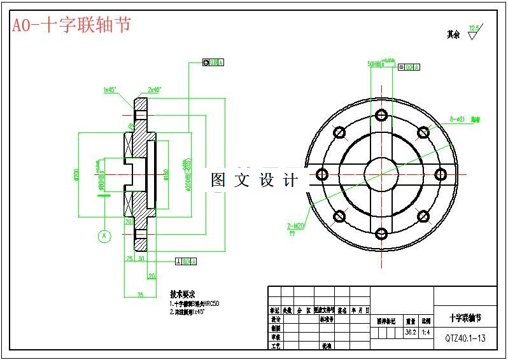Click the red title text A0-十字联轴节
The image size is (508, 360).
click(x=72, y=25)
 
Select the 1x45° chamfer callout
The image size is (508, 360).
click(x=109, y=90)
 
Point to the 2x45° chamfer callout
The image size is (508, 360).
click(x=155, y=90)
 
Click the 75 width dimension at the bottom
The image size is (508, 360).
click(x=141, y=294)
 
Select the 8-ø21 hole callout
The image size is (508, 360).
click(x=457, y=118)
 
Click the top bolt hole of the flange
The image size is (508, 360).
click(x=382, y=115)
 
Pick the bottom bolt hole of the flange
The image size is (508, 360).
click(x=382, y=233)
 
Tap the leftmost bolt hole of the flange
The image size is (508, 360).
click(x=322, y=174)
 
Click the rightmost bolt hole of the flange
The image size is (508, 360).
click(x=441, y=174)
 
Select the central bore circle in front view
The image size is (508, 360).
click(x=382, y=174)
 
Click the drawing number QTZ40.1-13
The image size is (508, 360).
click(x=465, y=338)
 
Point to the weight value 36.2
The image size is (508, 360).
click(x=411, y=332)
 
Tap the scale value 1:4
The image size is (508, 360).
click(x=425, y=332)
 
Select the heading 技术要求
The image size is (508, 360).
click(x=182, y=294)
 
